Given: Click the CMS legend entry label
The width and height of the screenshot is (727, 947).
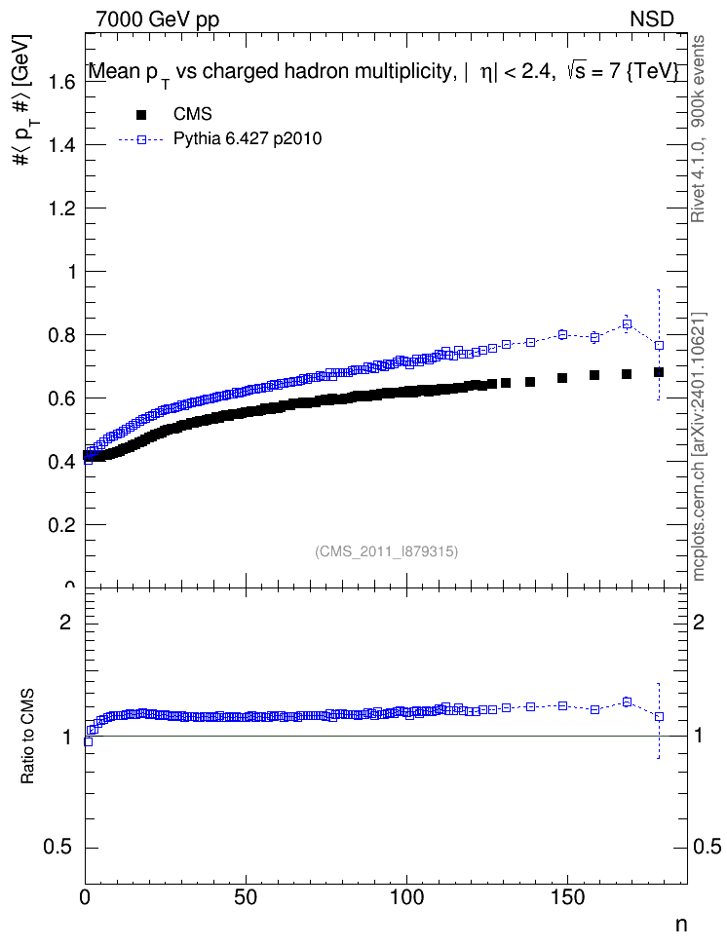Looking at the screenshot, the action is pos(192,114).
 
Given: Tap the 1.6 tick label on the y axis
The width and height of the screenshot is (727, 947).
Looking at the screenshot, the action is pos(61,82).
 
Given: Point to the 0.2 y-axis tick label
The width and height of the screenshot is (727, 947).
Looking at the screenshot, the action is pos(61,525).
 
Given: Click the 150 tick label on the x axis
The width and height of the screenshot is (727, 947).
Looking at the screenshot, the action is pos(567,897).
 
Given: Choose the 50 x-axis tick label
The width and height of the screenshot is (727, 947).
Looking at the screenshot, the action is pos(246,897).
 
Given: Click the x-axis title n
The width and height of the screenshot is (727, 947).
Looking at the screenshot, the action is pos(681,925).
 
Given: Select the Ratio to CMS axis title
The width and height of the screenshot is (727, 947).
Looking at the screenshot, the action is pos(28,736).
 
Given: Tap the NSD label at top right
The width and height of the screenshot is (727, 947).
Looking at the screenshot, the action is pos(651,19).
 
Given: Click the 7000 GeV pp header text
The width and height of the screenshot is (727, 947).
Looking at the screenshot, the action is pos(157,19).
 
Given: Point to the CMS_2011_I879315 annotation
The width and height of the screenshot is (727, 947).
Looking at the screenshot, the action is pos(387,551).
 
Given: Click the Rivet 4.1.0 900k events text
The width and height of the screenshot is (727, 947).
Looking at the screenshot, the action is pos(698,129).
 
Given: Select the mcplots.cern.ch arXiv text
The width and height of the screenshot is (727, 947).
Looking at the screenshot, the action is pos(698,447).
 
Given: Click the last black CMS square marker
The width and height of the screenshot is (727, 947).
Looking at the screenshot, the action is pos(659,372).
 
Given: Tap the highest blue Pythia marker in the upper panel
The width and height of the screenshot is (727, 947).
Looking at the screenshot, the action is pos(627,324).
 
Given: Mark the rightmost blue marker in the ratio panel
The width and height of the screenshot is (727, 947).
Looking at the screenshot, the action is pos(659,716).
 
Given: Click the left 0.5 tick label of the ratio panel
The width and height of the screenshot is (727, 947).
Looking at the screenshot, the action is pos(57,848).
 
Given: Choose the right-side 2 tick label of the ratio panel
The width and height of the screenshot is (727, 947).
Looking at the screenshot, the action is pos(699,622).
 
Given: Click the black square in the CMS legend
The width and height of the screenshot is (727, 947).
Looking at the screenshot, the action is pos(141,114).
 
